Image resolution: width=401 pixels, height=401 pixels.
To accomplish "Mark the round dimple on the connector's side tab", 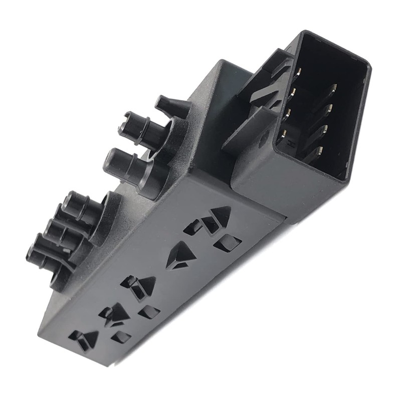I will (x=263, y=141).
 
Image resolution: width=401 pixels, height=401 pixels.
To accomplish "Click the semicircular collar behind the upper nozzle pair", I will (x=168, y=150).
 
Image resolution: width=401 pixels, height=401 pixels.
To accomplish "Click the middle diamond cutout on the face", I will (x=149, y=313).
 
